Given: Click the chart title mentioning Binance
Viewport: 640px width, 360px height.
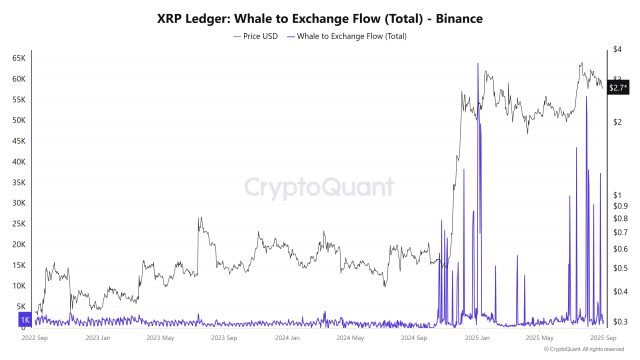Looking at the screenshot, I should coord(320,18).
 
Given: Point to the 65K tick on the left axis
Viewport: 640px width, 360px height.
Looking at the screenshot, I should coord(19,59).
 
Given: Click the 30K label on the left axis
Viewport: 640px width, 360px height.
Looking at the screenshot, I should coord(19,203).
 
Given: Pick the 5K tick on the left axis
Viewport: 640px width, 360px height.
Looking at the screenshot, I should coord(21,306).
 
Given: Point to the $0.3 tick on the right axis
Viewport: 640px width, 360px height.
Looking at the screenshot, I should coord(621,321).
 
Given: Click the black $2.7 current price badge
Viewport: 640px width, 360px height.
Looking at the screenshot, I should coord(620,87).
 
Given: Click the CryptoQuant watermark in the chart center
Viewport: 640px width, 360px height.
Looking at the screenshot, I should coord(320,187).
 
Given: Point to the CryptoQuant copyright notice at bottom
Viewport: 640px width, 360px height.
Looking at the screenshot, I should coord(590,350).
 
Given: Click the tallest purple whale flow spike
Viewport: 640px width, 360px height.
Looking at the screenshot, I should coord(478,66).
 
